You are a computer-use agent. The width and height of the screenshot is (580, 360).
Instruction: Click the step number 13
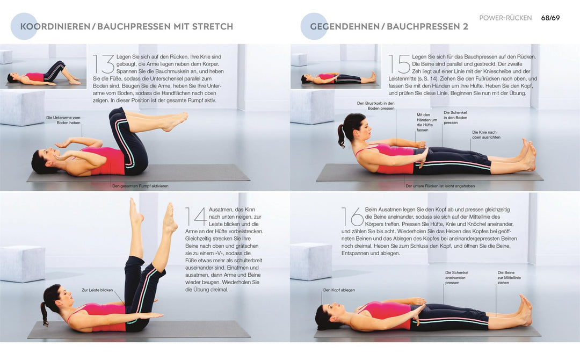tap(103, 63)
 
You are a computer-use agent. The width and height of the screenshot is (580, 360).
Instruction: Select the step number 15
tap(400, 63)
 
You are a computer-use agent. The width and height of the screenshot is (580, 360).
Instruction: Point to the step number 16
tap(352, 217)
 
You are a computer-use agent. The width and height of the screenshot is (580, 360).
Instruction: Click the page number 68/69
tap(550, 18)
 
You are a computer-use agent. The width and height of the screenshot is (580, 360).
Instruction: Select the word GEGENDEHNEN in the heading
tap(346, 26)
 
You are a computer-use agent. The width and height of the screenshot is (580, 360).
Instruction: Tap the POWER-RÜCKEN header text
tap(505, 18)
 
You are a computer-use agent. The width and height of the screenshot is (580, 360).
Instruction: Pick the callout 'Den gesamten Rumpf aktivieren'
tap(140, 186)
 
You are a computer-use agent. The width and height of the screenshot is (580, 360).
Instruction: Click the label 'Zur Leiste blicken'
tap(97, 290)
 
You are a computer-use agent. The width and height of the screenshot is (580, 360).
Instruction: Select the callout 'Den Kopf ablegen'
tap(339, 290)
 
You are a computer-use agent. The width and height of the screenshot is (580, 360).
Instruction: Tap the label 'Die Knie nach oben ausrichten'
tap(486, 134)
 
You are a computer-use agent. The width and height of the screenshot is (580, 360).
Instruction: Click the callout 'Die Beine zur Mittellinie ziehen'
tap(509, 277)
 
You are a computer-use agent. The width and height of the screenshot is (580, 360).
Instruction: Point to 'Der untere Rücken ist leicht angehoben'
tap(440, 186)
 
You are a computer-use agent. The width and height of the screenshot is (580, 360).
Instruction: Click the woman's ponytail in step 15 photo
tap(342, 135)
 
